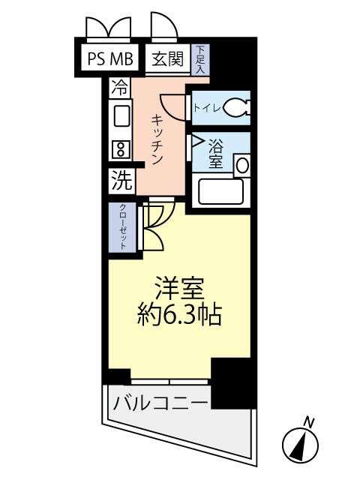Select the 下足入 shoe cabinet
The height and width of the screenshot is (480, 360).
(x=201, y=59)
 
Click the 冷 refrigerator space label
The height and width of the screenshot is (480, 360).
(x=119, y=86)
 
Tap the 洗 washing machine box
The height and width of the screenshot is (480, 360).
(x=121, y=180)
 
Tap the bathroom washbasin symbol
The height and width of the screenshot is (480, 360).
(x=241, y=163)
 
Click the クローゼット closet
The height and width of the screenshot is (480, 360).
(x=121, y=227)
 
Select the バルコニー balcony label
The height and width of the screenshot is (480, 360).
(x=160, y=403)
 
